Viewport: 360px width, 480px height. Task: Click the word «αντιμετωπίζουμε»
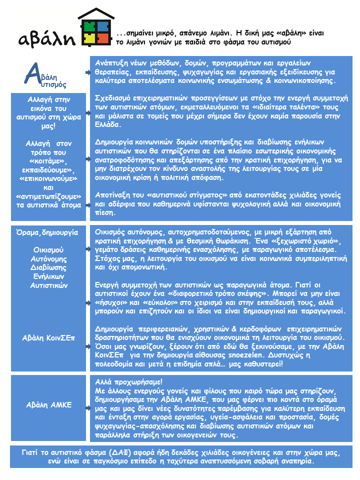(x=49, y=194)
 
